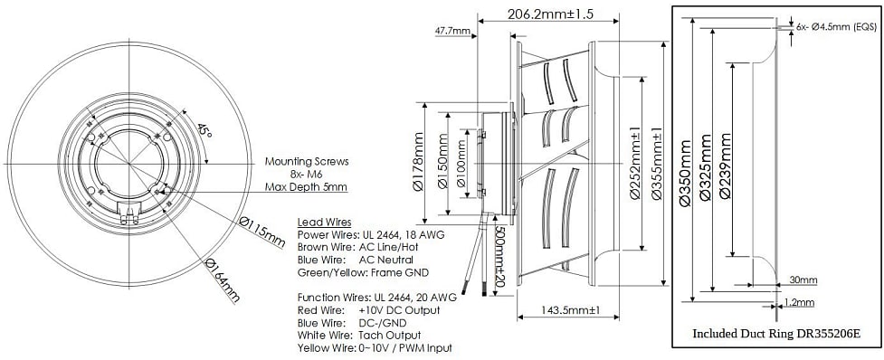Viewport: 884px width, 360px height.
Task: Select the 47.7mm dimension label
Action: click(452, 31)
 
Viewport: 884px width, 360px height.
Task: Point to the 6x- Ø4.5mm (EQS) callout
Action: click(837, 28)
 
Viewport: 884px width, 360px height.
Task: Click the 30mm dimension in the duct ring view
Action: click(802, 279)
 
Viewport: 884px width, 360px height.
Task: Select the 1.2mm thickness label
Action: click(801, 302)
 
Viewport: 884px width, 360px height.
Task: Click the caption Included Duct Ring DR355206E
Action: click(775, 333)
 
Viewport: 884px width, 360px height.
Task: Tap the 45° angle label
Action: click(206, 131)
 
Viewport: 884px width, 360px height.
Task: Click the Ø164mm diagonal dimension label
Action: click(223, 280)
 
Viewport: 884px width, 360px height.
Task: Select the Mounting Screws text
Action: click(307, 162)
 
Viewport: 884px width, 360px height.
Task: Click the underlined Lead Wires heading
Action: click(324, 222)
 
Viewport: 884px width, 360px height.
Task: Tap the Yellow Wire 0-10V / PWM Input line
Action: click(375, 347)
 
